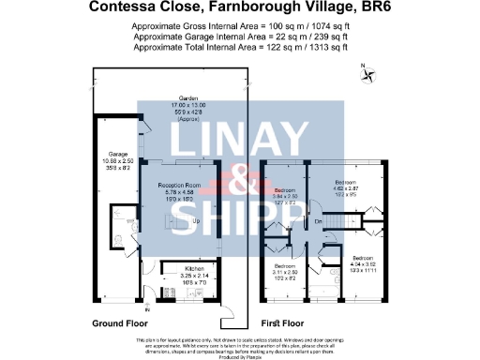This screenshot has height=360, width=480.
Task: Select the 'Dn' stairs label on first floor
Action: pos(319,221)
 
